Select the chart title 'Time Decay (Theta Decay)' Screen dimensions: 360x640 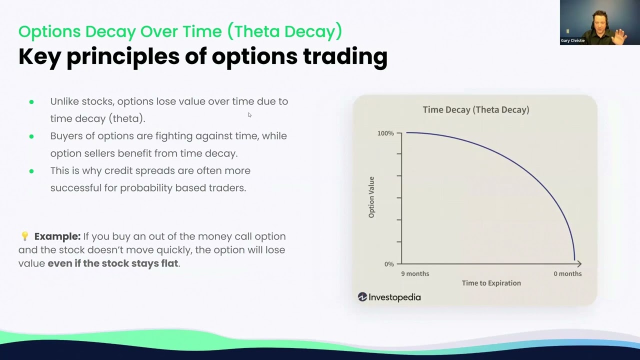(475, 109)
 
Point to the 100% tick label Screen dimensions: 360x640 (385, 133)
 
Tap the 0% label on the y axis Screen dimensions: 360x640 (389, 264)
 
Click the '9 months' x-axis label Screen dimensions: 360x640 (415, 273)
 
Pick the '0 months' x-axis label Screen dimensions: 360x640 (567, 273)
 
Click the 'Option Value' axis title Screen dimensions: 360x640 (371, 197)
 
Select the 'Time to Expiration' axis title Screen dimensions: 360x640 (491, 283)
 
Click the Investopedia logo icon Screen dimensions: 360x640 (362, 297)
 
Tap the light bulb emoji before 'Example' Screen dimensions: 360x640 (24, 236)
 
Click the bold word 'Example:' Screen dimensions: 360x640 (57, 236)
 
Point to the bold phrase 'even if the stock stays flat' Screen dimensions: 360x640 (113, 263)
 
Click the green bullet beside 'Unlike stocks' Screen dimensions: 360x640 (31, 101)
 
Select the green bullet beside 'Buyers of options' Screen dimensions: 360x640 (31, 136)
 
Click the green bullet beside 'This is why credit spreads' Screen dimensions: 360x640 (31, 171)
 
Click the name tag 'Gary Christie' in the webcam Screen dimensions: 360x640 (572, 40)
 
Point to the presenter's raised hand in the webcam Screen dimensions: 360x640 (620, 36)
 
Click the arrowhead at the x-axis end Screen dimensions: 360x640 (579, 263)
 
